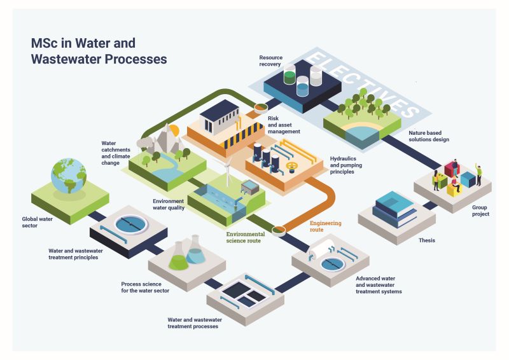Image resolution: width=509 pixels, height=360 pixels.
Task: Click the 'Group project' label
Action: pyautogui.click(x=480, y=211)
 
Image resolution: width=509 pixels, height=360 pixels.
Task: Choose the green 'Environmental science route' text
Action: pyautogui.click(x=246, y=237)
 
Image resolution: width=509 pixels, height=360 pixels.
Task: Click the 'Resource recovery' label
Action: pyautogui.click(x=271, y=60)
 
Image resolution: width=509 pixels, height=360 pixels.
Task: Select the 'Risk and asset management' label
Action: pyautogui.click(x=284, y=125)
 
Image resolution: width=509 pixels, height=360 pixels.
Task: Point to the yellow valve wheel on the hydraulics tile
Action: pyautogui.click(x=292, y=167)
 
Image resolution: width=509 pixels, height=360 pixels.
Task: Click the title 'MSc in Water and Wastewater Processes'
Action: pyautogui.click(x=99, y=51)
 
